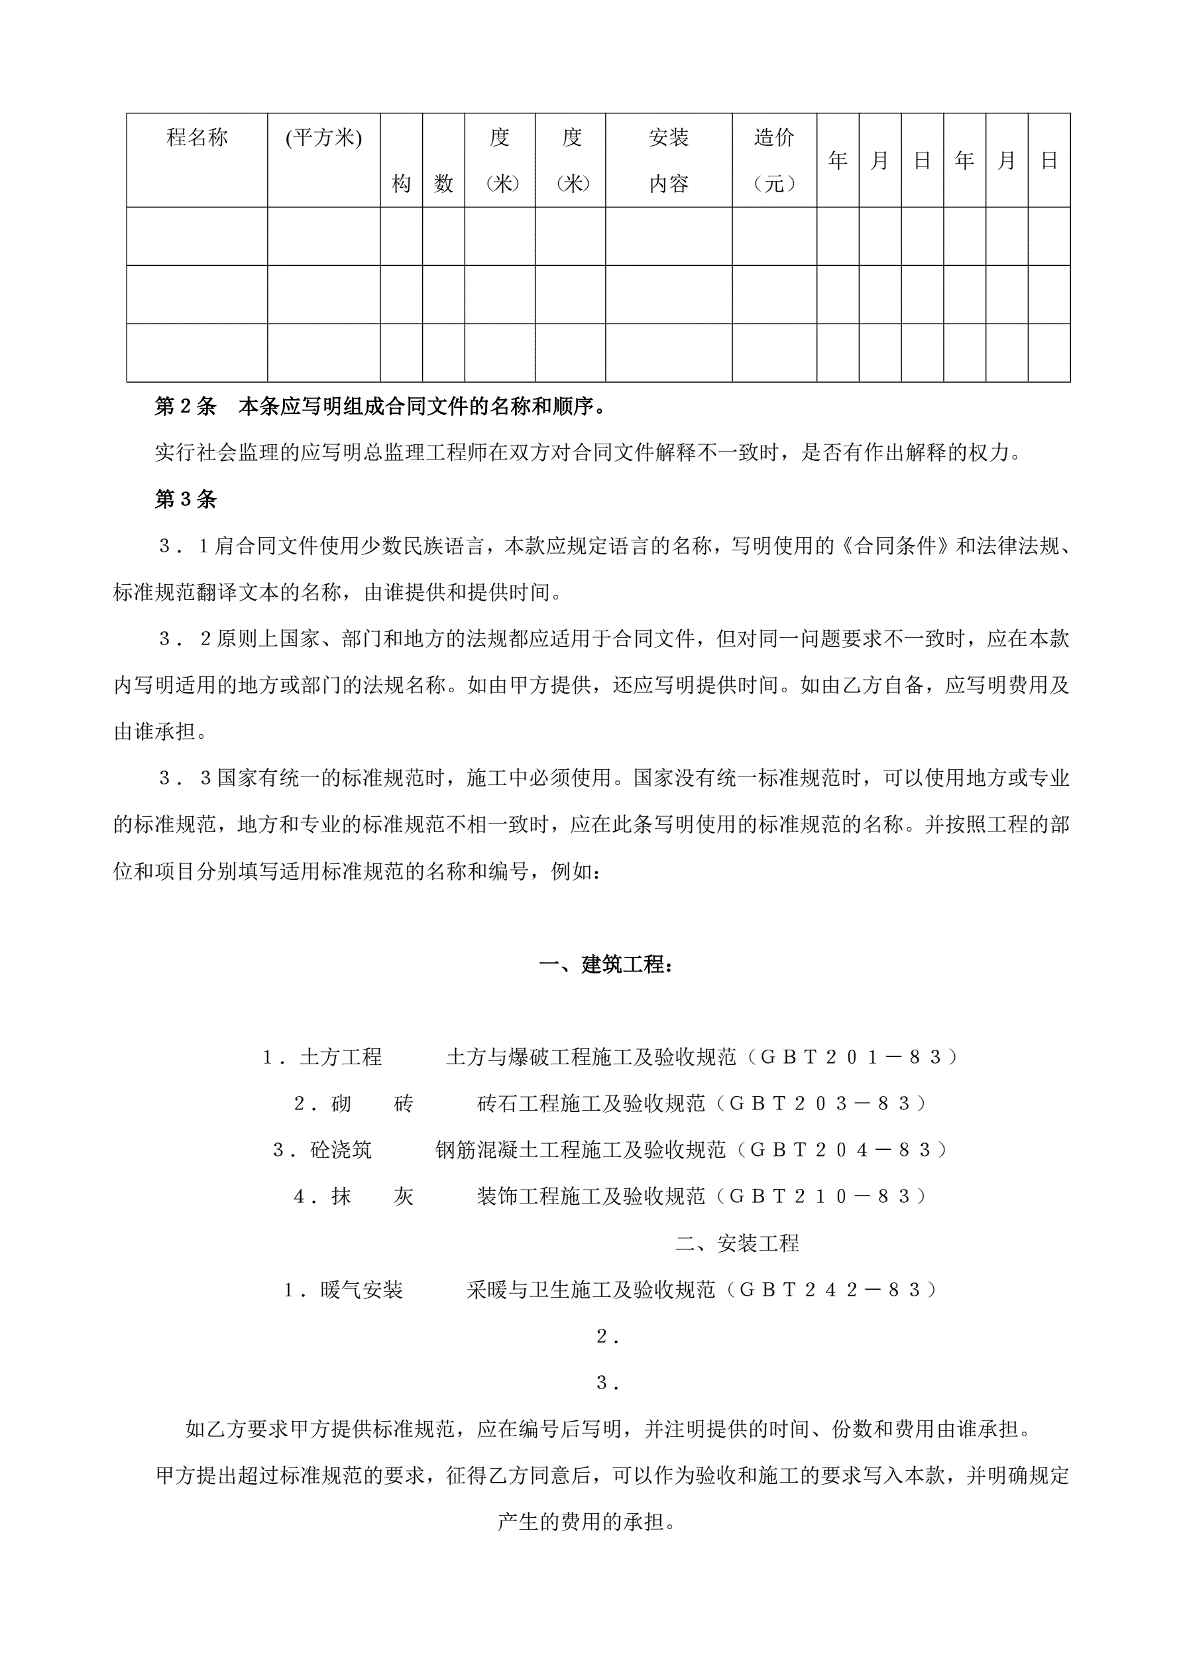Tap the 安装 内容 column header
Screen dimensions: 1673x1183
coord(668,160)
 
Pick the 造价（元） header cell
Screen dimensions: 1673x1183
coord(773,160)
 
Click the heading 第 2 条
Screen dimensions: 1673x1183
coord(185,406)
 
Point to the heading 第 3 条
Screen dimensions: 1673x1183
coord(185,499)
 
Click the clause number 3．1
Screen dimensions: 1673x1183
coord(184,546)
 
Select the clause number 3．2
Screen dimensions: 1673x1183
coord(185,639)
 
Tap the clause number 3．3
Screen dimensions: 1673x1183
coord(185,778)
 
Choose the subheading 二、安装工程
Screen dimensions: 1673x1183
coord(737,1243)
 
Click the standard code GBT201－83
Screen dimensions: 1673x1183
coord(851,1057)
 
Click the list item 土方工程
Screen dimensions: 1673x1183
coord(340,1057)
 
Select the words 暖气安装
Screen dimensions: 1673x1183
coord(361,1290)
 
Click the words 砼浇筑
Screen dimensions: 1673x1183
coord(340,1150)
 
